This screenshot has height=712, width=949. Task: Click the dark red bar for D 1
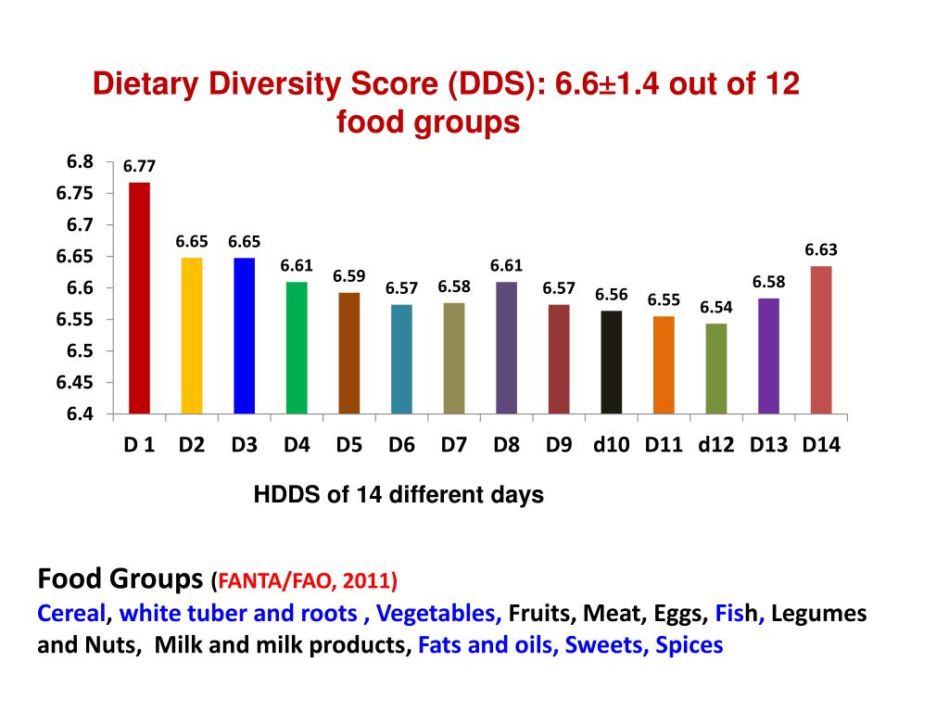[139, 298]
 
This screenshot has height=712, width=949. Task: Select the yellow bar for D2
[191, 335]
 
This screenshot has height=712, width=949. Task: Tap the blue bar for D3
[244, 335]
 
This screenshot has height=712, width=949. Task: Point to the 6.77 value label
[139, 167]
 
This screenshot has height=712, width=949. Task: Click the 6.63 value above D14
[821, 249]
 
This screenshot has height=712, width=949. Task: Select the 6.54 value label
[716, 307]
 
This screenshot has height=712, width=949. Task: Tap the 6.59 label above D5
[349, 276]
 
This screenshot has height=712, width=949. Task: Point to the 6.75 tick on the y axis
[74, 193]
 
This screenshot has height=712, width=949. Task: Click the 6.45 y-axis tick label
[74, 382]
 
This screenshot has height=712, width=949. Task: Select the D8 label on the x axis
[506, 445]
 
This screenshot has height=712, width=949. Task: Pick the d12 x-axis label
[716, 445]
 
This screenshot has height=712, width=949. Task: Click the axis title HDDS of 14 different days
[399, 495]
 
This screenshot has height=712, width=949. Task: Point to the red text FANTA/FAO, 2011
[304, 582]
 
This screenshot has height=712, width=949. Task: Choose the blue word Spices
[689, 645]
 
